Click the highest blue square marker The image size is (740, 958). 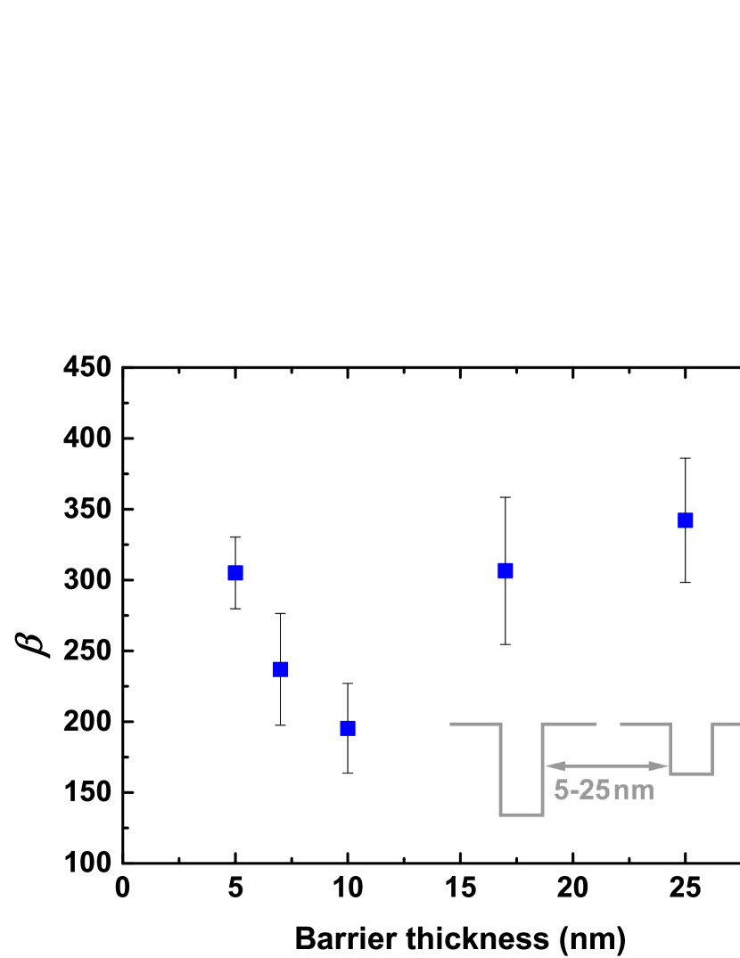point(685,520)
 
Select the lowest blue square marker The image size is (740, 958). point(348,728)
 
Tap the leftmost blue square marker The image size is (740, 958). point(235,573)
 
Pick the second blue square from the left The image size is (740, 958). point(280,669)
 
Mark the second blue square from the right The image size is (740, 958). point(505,571)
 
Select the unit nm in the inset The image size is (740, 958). point(634,790)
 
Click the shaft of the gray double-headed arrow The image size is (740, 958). point(606,766)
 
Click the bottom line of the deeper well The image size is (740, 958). point(522,814)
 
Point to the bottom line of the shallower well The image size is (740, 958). point(691,774)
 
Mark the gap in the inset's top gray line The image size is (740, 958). point(608,725)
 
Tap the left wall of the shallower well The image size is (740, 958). point(670,749)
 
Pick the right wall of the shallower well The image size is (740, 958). point(712,749)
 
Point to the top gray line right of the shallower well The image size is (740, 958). point(726,725)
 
